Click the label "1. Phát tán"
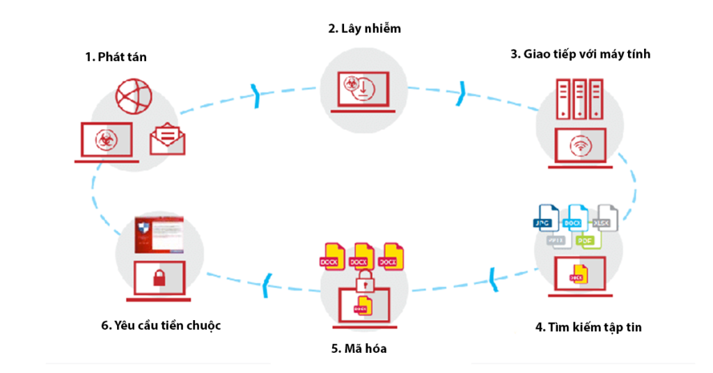(116, 57)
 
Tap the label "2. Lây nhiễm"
(365, 29)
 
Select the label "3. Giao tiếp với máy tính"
(580, 54)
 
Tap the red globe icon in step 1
(133, 97)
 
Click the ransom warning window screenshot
(160, 235)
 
